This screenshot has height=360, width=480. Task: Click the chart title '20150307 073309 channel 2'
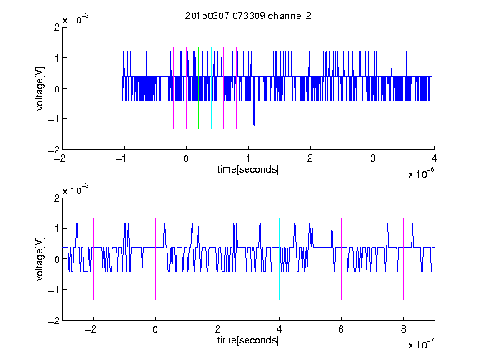pos(248,16)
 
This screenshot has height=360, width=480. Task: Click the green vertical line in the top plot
pos(198,88)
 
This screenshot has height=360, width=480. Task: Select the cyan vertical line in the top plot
pos(211,88)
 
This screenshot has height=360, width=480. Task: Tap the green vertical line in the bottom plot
pos(217,259)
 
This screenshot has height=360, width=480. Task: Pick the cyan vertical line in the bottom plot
pos(279,259)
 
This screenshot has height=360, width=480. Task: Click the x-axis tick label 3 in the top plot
pos(372,158)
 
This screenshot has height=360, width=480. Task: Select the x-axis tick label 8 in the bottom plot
pos(403,329)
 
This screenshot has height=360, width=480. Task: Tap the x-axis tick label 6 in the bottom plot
pos(342,329)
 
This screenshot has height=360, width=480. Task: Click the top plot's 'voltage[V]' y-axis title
pos(40,88)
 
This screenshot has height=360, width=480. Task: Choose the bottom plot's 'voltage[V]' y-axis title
pos(40,258)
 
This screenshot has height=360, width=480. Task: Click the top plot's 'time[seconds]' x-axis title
pos(248,169)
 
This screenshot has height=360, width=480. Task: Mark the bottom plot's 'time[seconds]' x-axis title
pos(248,340)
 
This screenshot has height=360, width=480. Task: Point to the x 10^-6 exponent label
pos(422,173)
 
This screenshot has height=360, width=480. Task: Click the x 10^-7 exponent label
pos(422,344)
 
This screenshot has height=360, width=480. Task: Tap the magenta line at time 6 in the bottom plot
pos(342,259)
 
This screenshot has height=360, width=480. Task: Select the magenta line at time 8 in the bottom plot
pos(404,259)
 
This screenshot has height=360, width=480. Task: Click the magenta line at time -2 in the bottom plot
pos(93,259)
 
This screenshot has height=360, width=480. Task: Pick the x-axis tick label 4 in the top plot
pos(434,158)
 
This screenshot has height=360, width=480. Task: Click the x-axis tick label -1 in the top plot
pos(122,158)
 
